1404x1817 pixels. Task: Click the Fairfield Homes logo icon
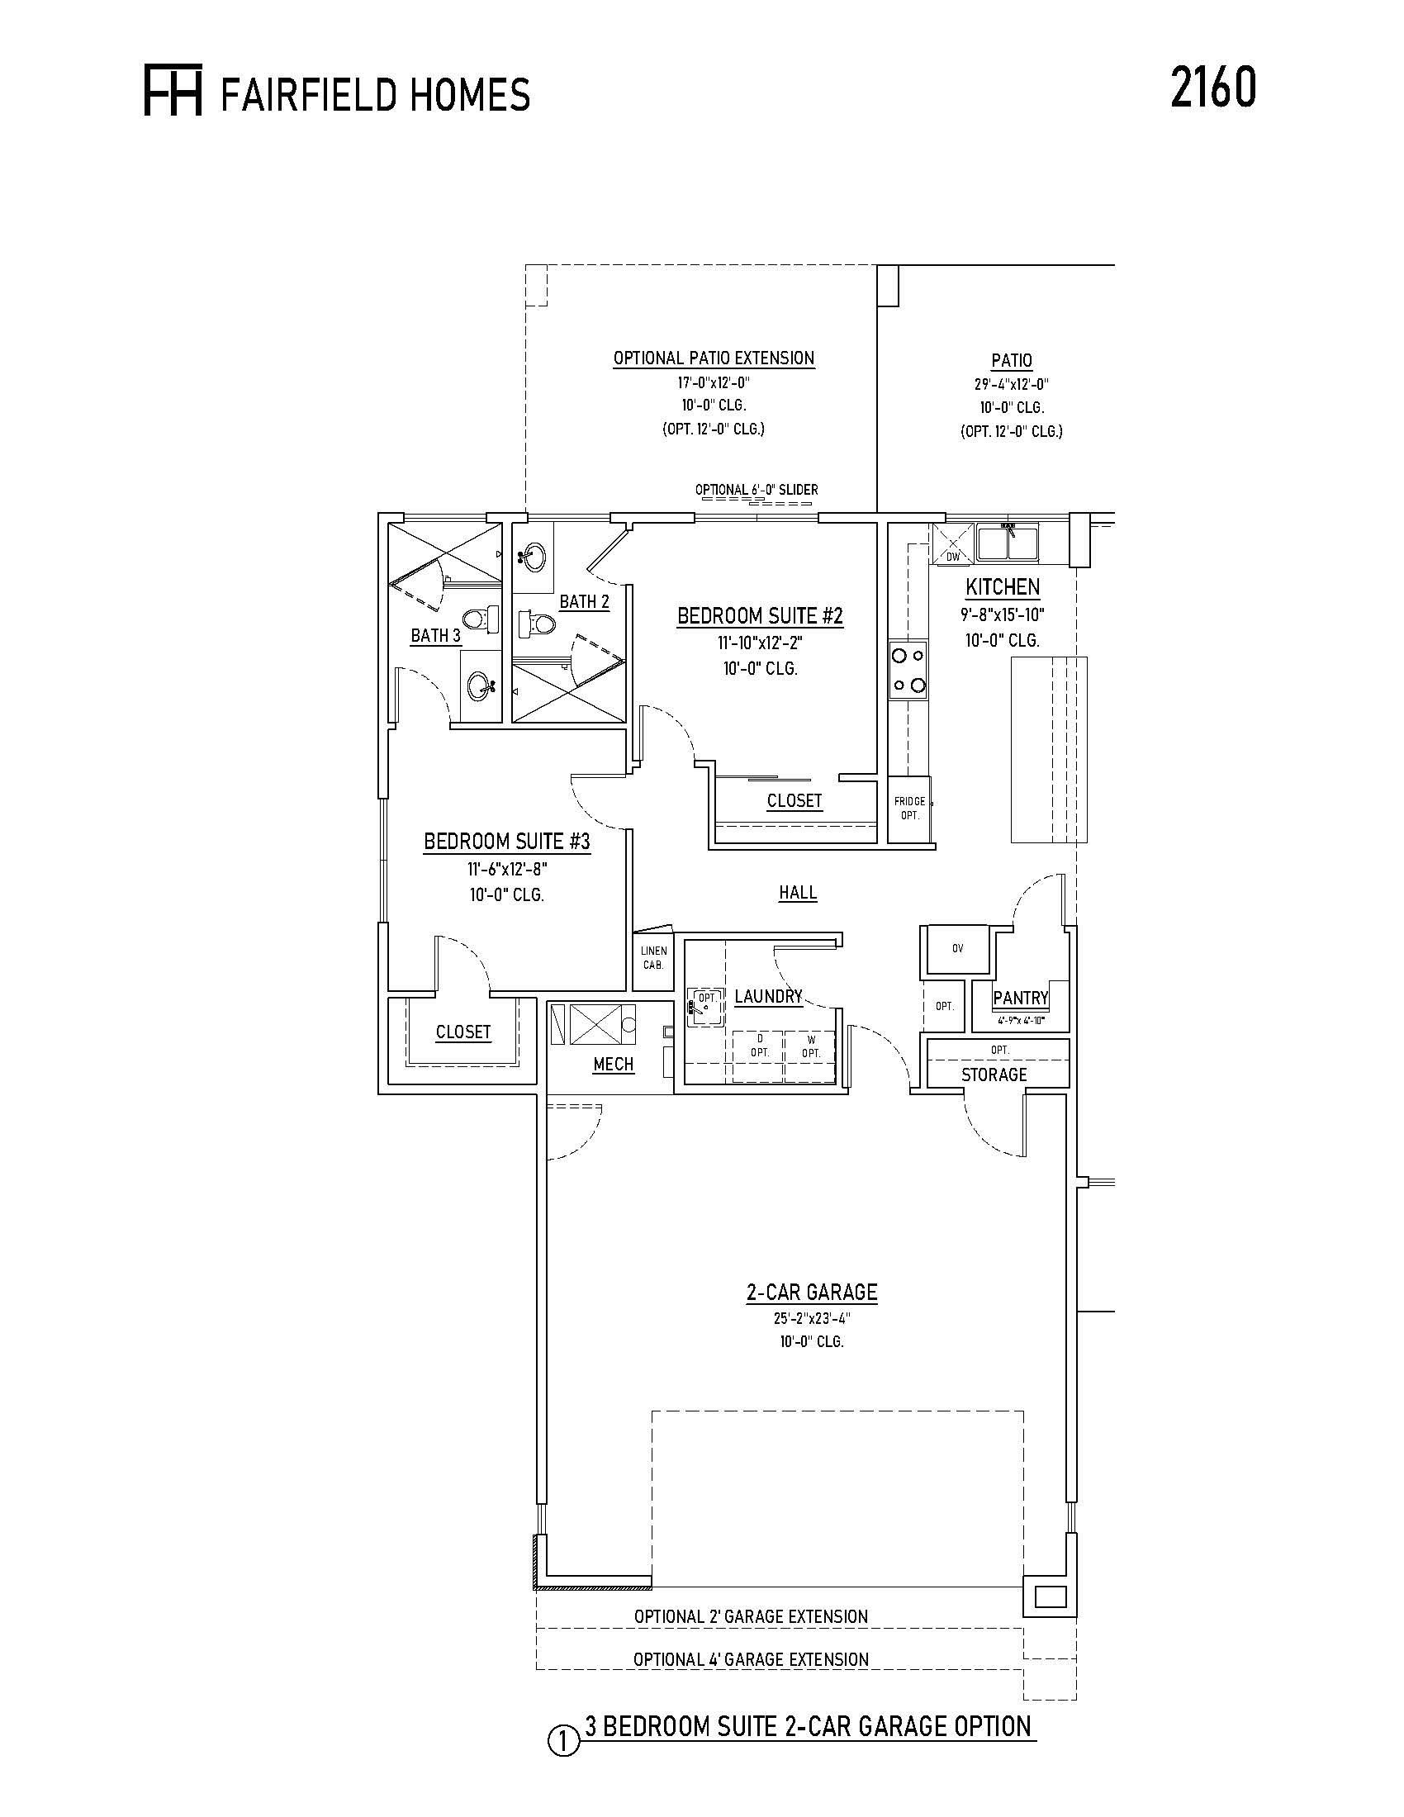point(173,90)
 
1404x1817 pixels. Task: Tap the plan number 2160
point(1213,88)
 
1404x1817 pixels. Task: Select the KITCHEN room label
point(1003,587)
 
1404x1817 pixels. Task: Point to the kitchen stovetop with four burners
point(908,671)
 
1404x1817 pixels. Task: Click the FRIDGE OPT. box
point(909,809)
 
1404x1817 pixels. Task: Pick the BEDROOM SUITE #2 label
point(760,616)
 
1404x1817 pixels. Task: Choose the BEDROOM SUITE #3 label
point(506,842)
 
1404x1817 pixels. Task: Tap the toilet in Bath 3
point(481,619)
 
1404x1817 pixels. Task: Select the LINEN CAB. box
point(653,959)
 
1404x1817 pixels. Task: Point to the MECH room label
point(614,1064)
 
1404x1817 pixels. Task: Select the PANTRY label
point(1021,999)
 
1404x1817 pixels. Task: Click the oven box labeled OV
point(957,948)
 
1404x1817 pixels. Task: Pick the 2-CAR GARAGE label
point(812,1293)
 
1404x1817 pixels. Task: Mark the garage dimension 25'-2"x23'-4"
point(812,1319)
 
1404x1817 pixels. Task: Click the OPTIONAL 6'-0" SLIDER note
point(757,490)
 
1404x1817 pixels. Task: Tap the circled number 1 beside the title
point(563,1741)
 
